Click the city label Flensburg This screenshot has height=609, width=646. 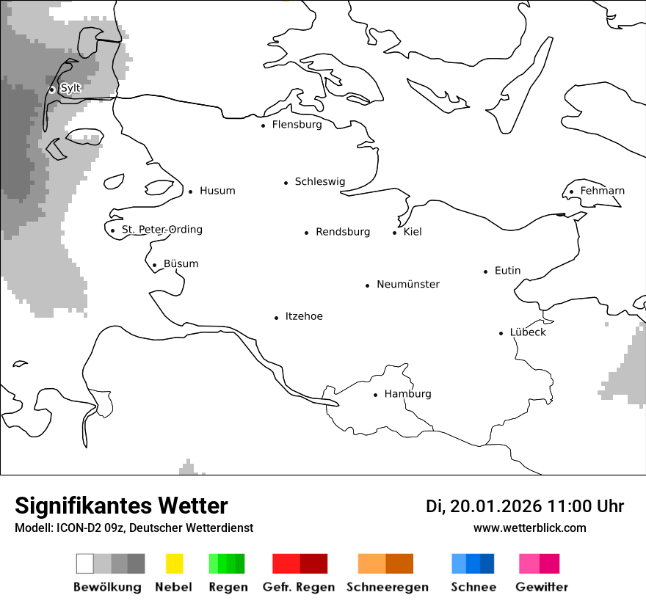297,125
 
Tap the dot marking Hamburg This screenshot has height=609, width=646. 375,395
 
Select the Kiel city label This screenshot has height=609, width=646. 413,232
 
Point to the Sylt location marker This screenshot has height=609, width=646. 52,90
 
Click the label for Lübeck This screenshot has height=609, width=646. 528,332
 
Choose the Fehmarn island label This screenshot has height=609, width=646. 602,191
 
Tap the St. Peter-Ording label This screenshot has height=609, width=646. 161,230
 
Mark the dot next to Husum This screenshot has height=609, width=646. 190,192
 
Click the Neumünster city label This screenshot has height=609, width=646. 408,284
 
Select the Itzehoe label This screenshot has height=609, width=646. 303,316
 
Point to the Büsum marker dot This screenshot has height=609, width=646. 154,266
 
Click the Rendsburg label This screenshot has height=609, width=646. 343,232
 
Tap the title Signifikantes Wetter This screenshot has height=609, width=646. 121,506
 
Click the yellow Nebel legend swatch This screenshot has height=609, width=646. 174,564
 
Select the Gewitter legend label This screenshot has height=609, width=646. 542,587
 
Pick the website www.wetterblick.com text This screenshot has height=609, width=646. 529,528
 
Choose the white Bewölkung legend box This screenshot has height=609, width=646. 84,564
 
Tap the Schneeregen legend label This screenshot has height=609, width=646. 388,587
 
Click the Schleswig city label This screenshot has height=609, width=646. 319,182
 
